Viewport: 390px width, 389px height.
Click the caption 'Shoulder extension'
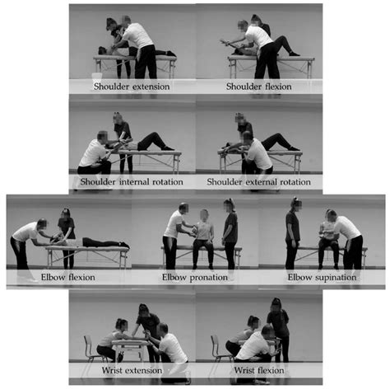coord(132,87)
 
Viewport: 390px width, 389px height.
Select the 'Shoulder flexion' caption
coord(259,87)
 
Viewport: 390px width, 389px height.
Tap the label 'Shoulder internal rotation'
coord(132,182)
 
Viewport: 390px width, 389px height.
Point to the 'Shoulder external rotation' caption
coord(259,182)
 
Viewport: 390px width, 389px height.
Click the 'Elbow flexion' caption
coord(68,277)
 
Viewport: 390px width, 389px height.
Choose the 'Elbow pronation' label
coord(195,278)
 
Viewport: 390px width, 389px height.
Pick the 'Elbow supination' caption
coord(322,278)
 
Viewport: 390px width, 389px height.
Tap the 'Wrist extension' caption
coord(132,370)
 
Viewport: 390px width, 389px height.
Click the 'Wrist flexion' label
coord(259,370)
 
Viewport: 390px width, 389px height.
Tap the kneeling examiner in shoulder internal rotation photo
coord(96,154)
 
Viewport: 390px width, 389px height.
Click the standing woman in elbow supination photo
coord(292,233)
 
